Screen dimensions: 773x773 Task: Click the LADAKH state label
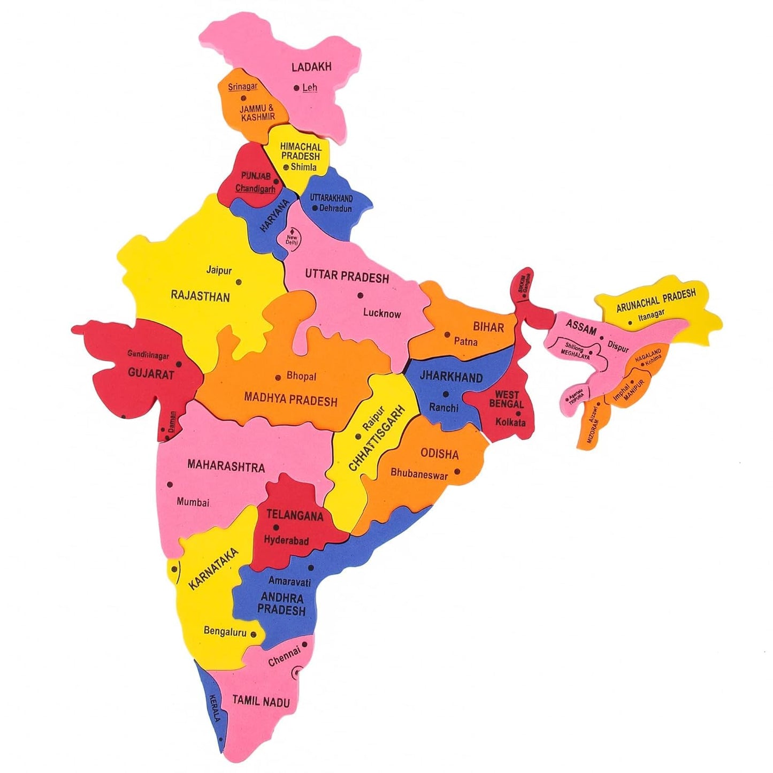pos(311,67)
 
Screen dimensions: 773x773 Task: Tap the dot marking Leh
pos(296,88)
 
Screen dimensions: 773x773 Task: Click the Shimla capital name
pos(303,167)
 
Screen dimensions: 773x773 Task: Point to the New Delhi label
pos(292,240)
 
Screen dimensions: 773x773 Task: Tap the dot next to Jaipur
pos(239,282)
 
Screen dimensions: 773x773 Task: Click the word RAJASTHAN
pos(200,296)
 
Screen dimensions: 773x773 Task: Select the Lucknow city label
pos(381,313)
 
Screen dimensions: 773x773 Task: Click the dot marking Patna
pos(447,335)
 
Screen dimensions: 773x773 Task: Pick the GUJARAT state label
pos(151,374)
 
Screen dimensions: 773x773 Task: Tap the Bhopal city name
pos(301,376)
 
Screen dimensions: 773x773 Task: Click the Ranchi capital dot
pos(446,394)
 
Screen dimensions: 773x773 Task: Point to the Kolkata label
pos(510,422)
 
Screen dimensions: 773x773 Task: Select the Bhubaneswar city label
pos(419,473)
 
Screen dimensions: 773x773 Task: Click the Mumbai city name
pos(193,502)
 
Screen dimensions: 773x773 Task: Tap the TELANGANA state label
pos(295,515)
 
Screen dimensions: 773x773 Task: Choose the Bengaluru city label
pos(225,632)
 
